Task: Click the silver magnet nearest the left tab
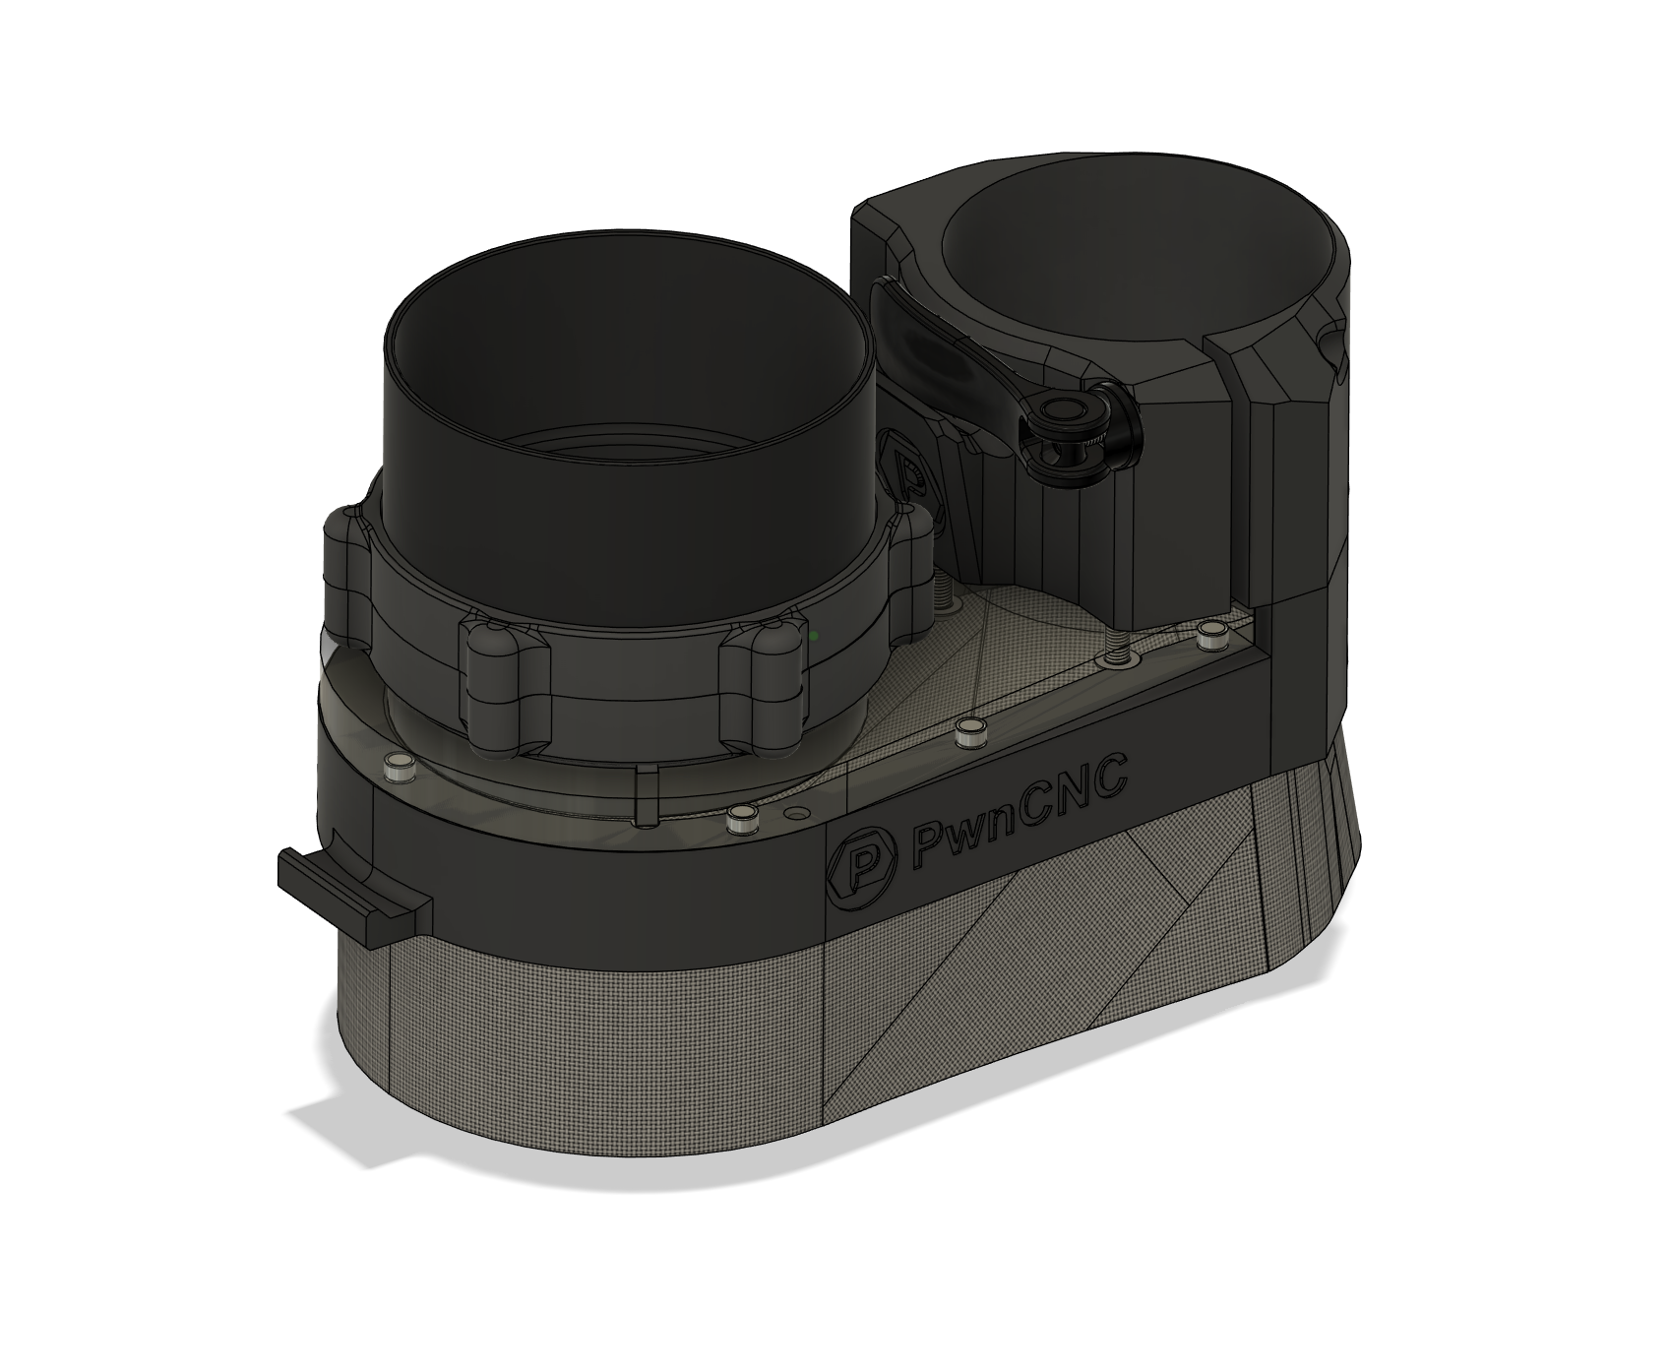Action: coord(399,770)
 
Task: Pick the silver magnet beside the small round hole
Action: coord(740,818)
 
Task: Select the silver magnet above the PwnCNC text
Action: coord(971,730)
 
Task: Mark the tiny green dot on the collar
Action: coord(814,637)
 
